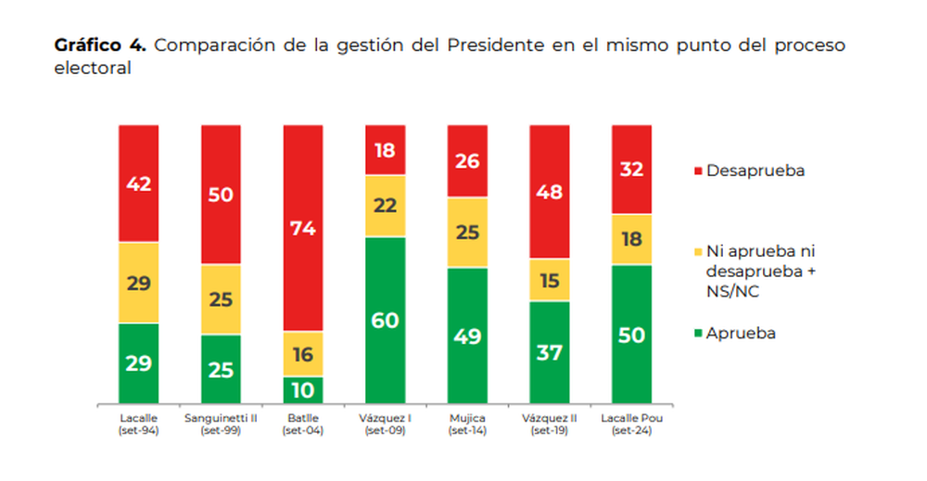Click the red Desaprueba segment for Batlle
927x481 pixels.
(304, 228)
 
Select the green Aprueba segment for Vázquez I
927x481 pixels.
(386, 321)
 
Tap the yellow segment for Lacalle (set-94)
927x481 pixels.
(139, 283)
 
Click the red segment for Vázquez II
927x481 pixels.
(551, 191)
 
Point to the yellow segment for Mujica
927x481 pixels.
(468, 233)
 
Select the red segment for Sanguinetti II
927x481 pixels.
(222, 195)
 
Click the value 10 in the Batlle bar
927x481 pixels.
(304, 390)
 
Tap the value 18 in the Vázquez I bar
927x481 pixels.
(386, 150)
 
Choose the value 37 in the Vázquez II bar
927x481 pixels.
(551, 353)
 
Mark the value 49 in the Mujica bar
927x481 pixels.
(468, 336)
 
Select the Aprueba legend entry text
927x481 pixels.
(741, 334)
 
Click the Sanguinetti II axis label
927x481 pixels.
(222, 424)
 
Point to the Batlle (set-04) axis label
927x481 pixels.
(304, 424)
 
